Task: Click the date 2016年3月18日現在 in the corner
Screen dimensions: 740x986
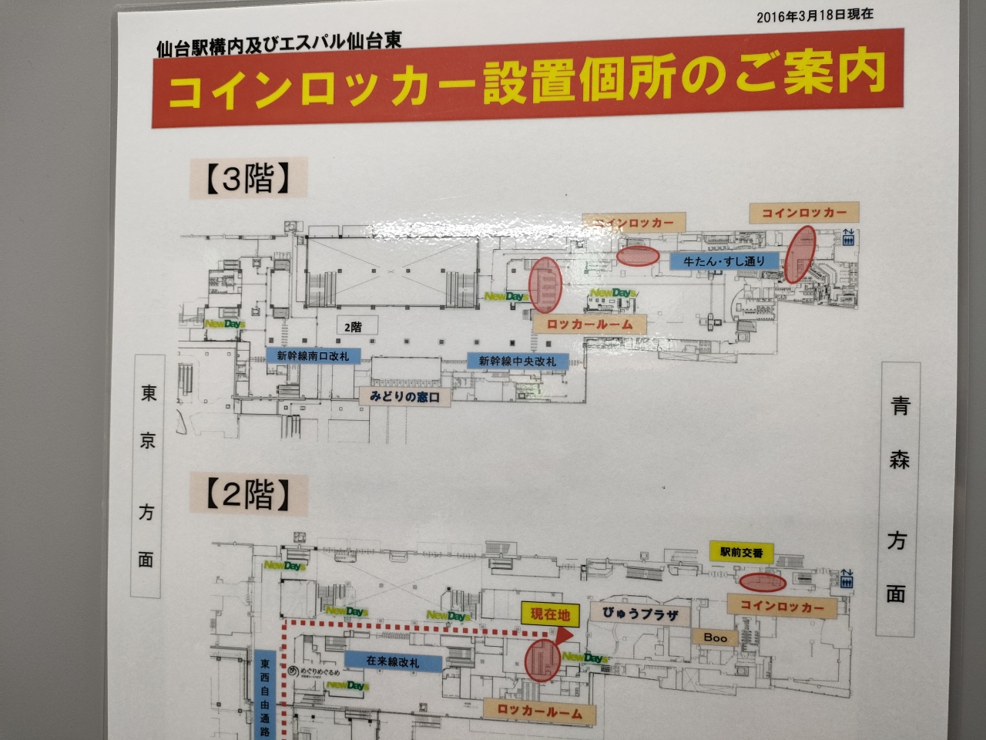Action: click(x=814, y=15)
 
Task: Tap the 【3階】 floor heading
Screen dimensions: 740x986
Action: click(x=247, y=180)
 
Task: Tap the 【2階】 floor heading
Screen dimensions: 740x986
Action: click(x=247, y=496)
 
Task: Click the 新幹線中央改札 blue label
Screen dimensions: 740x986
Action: click(x=517, y=361)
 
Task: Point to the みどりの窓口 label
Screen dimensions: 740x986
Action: click(x=404, y=397)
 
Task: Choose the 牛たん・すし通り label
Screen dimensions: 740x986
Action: click(x=724, y=261)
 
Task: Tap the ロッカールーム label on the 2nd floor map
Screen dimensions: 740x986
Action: click(x=539, y=711)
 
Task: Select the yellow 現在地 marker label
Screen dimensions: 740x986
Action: click(x=550, y=614)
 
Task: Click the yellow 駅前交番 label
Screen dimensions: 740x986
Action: click(x=741, y=552)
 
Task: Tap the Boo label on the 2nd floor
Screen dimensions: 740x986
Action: click(x=715, y=637)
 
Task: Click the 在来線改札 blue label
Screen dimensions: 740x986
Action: click(x=393, y=661)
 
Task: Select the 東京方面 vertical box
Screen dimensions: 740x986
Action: click(x=147, y=476)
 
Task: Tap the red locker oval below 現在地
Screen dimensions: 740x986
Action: click(x=541, y=661)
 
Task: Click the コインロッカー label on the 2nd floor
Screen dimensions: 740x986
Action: click(x=781, y=607)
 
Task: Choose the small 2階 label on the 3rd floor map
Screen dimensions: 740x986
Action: click(x=353, y=327)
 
